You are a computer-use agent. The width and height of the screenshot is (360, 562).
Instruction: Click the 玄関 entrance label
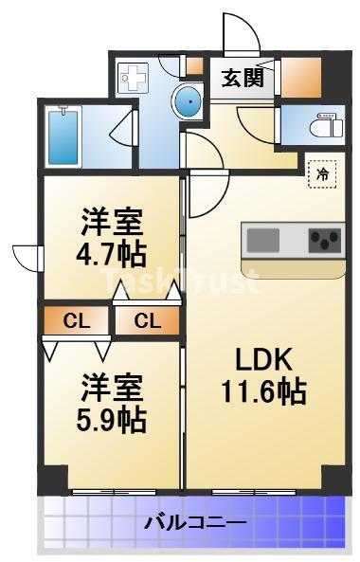(x=243, y=78)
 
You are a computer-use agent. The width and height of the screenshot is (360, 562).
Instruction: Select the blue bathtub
(x=63, y=136)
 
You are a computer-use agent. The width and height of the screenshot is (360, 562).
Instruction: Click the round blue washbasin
(x=187, y=101)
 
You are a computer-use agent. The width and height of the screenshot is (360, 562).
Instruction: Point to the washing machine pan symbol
(x=134, y=78)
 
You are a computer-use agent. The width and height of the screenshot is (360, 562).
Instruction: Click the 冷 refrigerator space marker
(x=322, y=174)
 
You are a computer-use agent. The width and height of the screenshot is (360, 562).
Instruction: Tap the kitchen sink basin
(x=263, y=240)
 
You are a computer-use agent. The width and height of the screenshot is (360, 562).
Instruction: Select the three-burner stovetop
(x=325, y=240)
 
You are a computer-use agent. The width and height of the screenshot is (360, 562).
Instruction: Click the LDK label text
(x=263, y=359)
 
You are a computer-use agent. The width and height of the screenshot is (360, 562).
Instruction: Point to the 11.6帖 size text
(x=263, y=391)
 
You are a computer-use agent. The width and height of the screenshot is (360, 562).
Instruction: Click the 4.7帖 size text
(x=112, y=254)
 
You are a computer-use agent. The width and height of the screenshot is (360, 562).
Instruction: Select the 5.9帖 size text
(x=112, y=419)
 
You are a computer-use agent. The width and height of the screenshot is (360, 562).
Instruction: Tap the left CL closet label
(x=76, y=320)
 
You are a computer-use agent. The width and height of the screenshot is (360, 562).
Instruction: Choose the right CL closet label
(x=147, y=320)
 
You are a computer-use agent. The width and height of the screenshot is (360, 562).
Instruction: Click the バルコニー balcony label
(x=195, y=523)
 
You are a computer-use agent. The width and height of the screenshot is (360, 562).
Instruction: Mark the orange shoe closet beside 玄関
(x=301, y=77)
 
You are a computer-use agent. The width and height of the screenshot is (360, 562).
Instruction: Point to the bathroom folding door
(x=123, y=128)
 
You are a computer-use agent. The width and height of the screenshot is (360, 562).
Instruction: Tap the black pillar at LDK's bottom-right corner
(x=333, y=477)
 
